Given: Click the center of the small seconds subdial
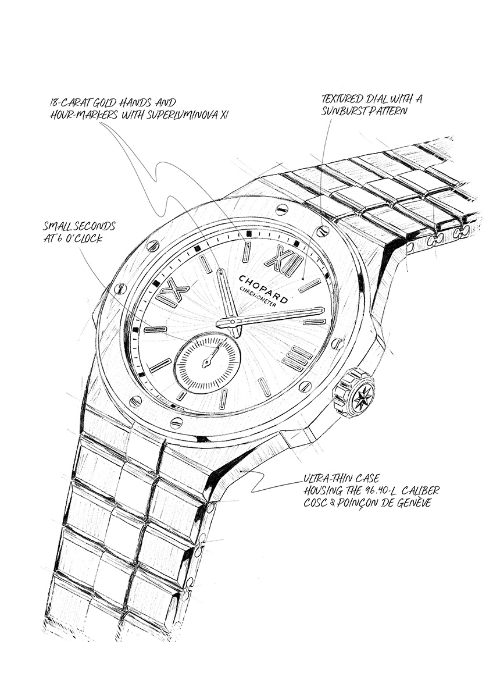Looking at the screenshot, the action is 206,362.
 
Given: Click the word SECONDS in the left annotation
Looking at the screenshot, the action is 94,226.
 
